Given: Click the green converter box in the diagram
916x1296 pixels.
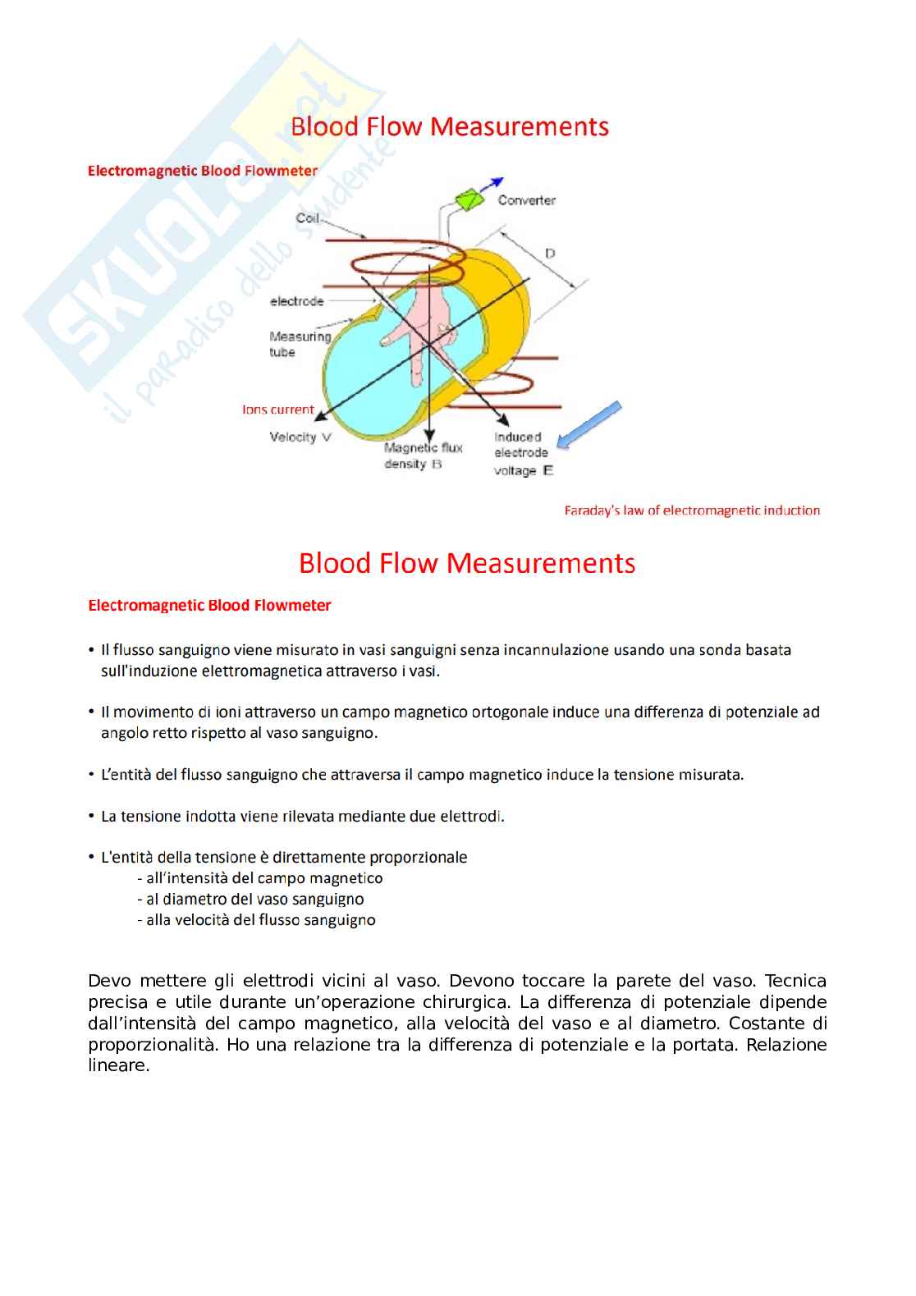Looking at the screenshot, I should pyautogui.click(x=469, y=199).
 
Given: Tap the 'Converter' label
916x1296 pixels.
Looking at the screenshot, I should pyautogui.click(x=526, y=200).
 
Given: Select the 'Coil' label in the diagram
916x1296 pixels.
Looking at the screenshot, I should pyautogui.click(x=307, y=218).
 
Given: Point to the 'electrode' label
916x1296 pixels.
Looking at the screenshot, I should pyautogui.click(x=296, y=302).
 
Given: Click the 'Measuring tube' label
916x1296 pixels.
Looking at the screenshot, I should pyautogui.click(x=299, y=344).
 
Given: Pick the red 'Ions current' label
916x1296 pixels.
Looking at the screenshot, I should pyautogui.click(x=277, y=410).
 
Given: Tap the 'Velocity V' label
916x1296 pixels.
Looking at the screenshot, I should pyautogui.click(x=300, y=437).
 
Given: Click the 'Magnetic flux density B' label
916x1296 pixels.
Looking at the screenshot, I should pyautogui.click(x=423, y=456).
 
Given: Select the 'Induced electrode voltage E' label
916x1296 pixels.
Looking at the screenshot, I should pyautogui.click(x=522, y=453).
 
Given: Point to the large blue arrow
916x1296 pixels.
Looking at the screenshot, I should pyautogui.click(x=589, y=426).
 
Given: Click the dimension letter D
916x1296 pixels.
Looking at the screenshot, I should pyautogui.click(x=550, y=254).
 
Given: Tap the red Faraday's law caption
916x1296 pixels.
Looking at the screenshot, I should pyautogui.click(x=692, y=511).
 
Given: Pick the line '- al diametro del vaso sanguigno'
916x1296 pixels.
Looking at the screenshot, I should pyautogui.click(x=250, y=900).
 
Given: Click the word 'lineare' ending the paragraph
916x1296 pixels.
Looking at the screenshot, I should pyautogui.click(x=118, y=1066).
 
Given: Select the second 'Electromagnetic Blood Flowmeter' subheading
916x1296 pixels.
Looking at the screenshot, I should pyautogui.click(x=209, y=606).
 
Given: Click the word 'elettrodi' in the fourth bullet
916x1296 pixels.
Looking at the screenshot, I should pyautogui.click(x=470, y=817).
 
